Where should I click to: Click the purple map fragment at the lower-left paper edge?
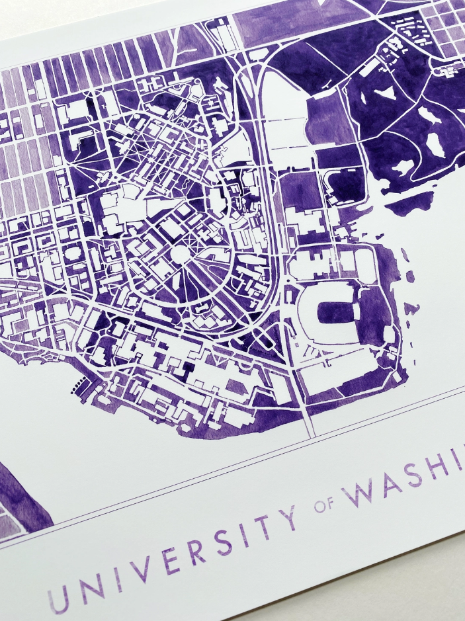click(x=20, y=489)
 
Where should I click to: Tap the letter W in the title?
click(x=362, y=491)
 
